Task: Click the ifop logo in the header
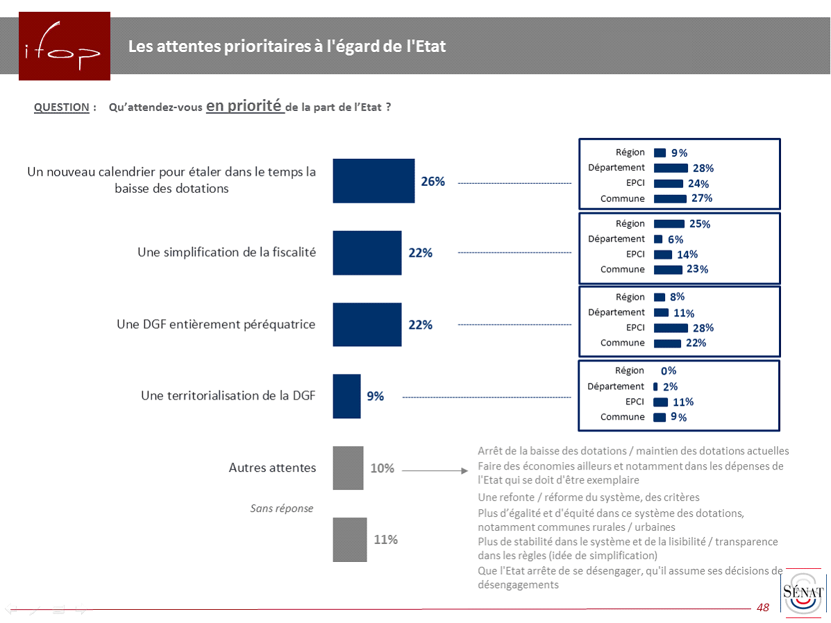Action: pos(64,46)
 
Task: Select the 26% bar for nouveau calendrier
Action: pos(373,181)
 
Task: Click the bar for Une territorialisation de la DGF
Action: pos(346,396)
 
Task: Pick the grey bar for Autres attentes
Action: pos(348,468)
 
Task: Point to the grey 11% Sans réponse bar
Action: pos(350,539)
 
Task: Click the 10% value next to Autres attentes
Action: pos(382,468)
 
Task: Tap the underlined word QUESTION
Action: pos(61,108)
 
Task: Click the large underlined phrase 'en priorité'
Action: pos(244,105)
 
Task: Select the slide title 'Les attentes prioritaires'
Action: pos(287,46)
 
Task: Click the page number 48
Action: pos(763,608)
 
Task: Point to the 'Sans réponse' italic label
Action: pos(281,509)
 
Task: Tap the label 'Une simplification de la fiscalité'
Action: pos(226,253)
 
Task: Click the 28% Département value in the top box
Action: pos(703,168)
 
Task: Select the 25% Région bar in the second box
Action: pos(669,223)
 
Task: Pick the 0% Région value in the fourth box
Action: pos(669,371)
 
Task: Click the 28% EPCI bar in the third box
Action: pos(671,328)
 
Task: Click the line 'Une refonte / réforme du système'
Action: pos(588,497)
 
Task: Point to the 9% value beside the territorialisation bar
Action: pos(375,396)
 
